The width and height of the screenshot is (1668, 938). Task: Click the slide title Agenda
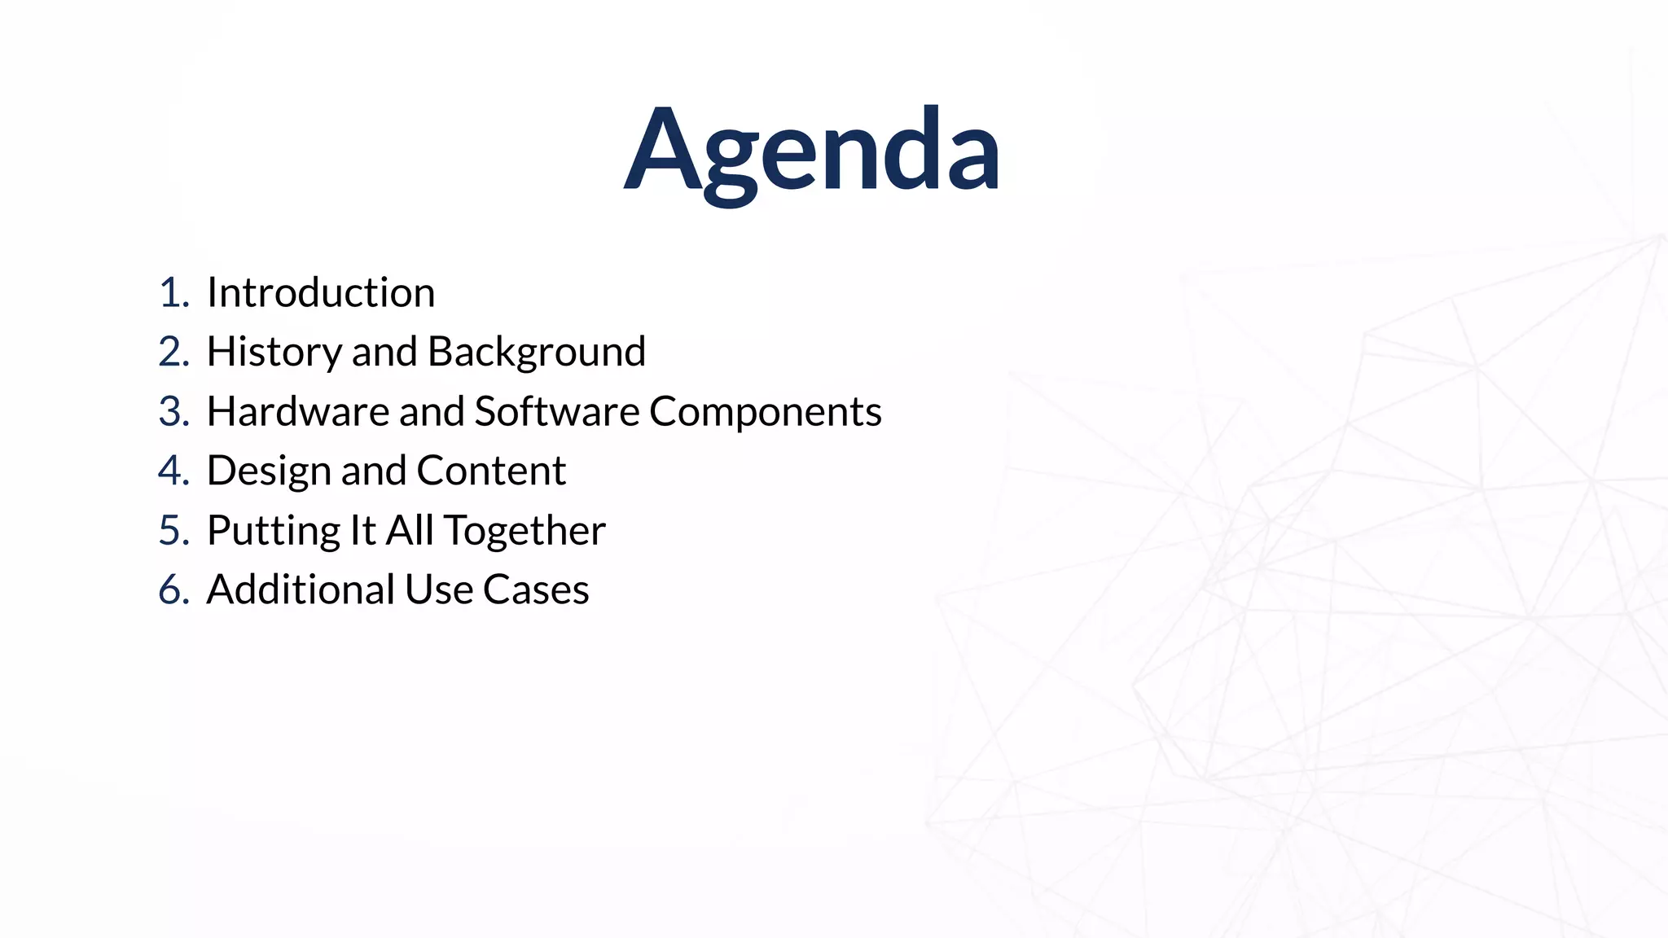pos(812,151)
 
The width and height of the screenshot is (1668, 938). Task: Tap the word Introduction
pos(321,292)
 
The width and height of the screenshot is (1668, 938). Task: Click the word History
pos(274,353)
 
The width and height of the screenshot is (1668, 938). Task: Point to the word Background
pos(536,353)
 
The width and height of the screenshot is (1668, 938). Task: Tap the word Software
pos(556,411)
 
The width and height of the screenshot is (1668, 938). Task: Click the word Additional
pos(300,590)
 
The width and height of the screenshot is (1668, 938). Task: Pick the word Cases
pos(535,590)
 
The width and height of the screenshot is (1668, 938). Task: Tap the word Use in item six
pos(438,590)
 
